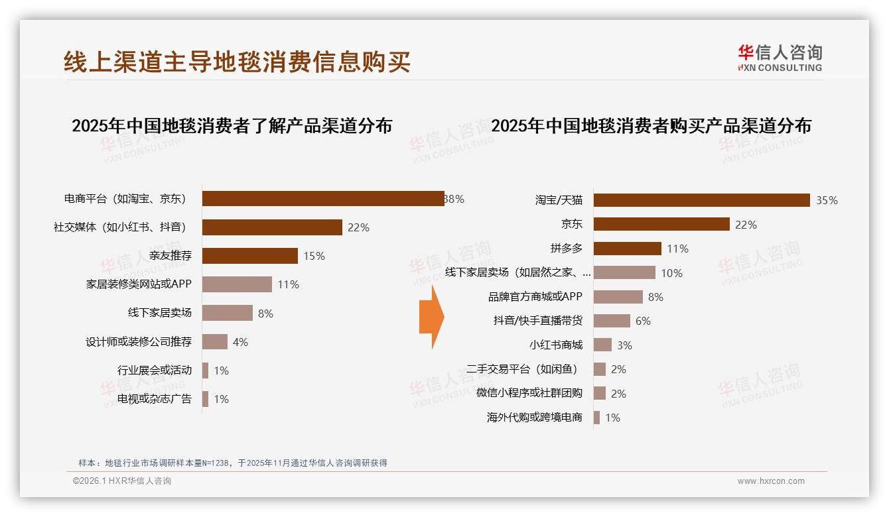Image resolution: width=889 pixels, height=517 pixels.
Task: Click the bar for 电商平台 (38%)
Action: pos(323,198)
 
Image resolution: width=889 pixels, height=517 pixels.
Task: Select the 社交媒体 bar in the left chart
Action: pos(272,227)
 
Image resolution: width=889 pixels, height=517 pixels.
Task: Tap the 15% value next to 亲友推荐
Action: pos(314,256)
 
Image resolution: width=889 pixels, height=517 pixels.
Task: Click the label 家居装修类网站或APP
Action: pos(139,284)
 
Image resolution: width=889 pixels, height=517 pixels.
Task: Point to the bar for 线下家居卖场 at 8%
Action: pos(227,313)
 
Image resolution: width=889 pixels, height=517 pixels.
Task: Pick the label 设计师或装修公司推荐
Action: pos(139,342)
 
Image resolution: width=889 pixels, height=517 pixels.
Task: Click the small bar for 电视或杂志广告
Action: pos(205,399)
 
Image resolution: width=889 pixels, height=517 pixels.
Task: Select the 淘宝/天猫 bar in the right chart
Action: pos(701,200)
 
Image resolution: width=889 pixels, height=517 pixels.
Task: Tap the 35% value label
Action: pos(827,200)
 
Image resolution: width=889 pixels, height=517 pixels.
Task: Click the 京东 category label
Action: pos(571,225)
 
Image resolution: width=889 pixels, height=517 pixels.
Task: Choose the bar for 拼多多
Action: pos(627,249)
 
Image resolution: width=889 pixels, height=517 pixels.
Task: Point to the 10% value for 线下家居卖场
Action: pos(671,273)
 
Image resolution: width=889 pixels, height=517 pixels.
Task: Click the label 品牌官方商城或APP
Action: pos(535,297)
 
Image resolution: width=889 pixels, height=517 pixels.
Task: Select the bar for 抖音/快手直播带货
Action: pos(611,321)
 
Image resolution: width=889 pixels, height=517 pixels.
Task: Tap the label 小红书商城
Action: pos(555,345)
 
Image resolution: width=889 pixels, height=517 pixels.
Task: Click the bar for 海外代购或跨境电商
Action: pos(596,418)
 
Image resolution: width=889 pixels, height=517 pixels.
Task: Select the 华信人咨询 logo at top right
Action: pos(780,58)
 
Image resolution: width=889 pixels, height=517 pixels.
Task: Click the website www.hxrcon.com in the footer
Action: pos(770,481)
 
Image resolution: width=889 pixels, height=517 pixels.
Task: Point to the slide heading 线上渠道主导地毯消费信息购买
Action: pos(237,62)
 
